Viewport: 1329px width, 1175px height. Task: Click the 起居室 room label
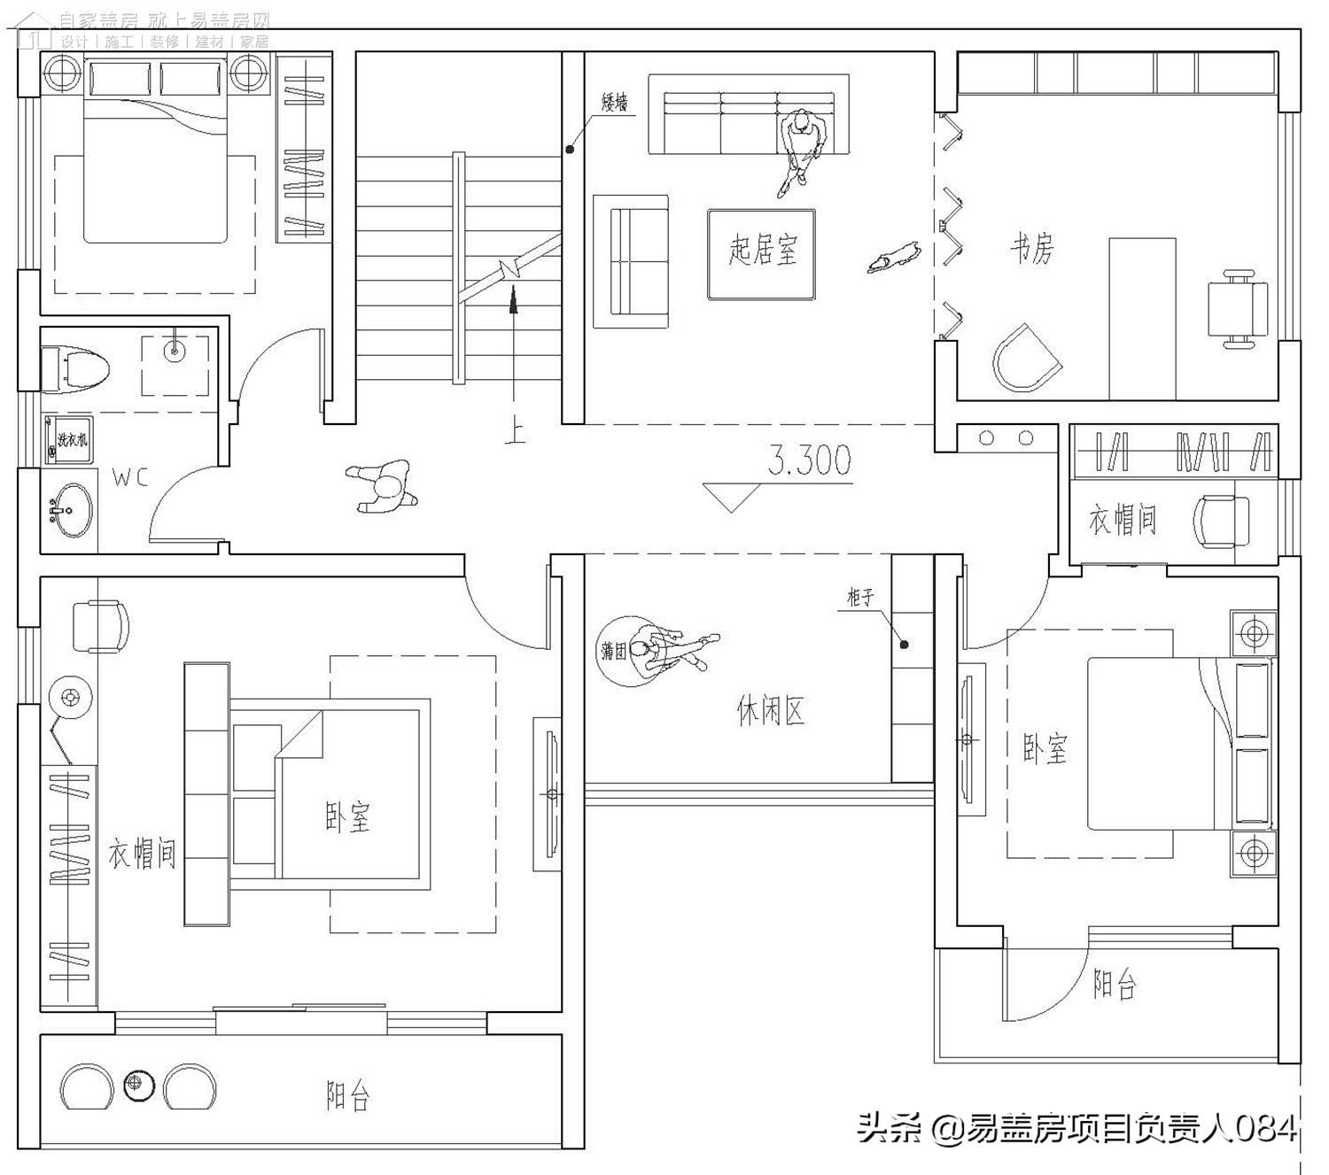[x=762, y=251]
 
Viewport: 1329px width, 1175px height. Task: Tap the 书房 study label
[x=1032, y=249]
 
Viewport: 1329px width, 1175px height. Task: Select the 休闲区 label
[x=770, y=710]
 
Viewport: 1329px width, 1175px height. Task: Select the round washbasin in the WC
[x=67, y=510]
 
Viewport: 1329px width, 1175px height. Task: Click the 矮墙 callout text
[x=615, y=104]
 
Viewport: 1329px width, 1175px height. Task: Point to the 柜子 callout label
[x=860, y=598]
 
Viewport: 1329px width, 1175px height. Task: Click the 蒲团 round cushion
[x=615, y=652]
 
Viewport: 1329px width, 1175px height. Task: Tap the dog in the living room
[x=893, y=257]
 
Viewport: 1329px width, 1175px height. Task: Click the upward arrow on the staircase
[x=512, y=300]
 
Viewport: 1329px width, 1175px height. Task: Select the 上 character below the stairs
[x=514, y=431]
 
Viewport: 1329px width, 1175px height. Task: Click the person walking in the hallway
[x=383, y=486]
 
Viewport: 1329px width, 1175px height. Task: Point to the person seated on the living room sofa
[x=802, y=149]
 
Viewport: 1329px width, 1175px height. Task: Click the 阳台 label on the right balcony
[x=1114, y=985]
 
